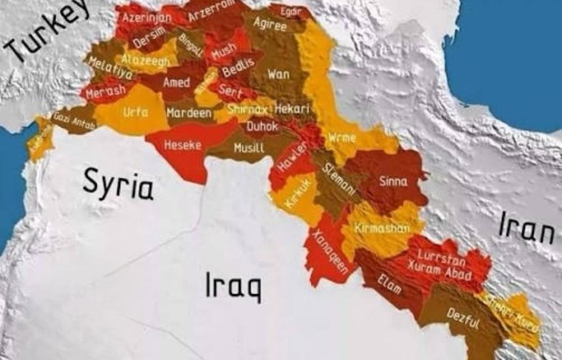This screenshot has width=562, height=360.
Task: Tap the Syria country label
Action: tap(118, 184)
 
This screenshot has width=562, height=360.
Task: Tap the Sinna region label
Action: tap(393, 181)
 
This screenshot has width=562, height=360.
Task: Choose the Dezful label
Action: tap(463, 319)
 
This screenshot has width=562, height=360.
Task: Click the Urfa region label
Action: tap(135, 112)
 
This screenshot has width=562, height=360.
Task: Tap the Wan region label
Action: tap(278, 74)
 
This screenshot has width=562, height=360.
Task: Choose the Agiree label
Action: tap(270, 24)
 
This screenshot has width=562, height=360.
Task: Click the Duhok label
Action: tap(262, 127)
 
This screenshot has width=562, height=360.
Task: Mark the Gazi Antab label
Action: tap(74, 121)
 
